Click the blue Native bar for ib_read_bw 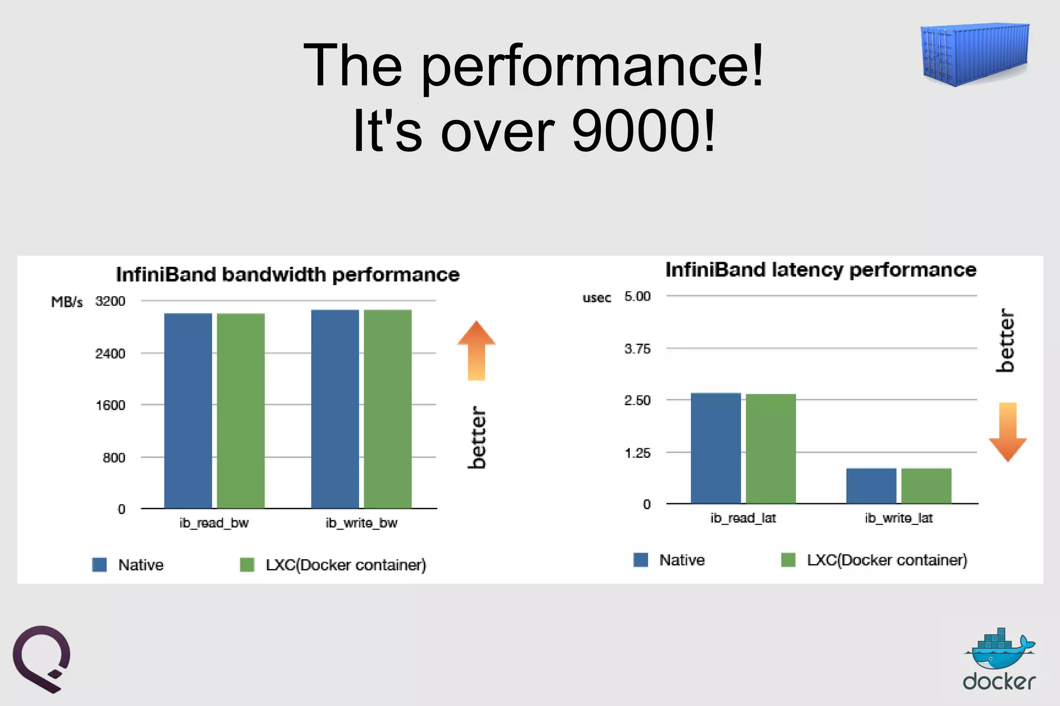point(188,411)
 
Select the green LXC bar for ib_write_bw point(388,409)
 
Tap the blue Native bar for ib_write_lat point(871,486)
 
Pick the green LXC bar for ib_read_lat point(771,448)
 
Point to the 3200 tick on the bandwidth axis point(110,301)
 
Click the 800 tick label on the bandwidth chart point(114,458)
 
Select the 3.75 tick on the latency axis point(637,349)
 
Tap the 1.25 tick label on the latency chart point(637,453)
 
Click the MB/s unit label point(67,302)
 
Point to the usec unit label point(597,298)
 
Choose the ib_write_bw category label point(361,523)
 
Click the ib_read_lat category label point(743,518)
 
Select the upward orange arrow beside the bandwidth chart point(476,350)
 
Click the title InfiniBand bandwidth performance point(288,275)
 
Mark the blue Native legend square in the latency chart point(641,560)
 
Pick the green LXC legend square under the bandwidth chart point(247,564)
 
